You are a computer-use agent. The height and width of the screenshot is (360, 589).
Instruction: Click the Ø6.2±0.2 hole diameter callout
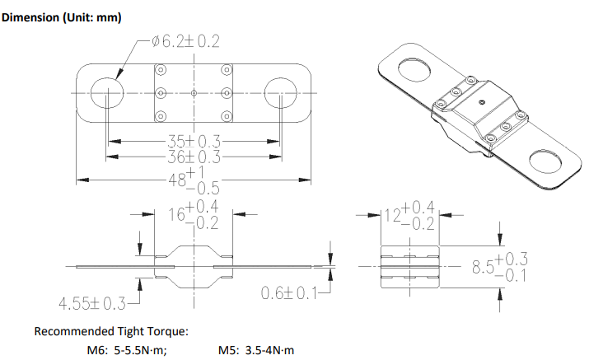point(185,41)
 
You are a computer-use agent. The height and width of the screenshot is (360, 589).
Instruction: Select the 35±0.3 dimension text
point(194,142)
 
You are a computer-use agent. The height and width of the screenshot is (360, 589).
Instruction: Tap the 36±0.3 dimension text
point(194,157)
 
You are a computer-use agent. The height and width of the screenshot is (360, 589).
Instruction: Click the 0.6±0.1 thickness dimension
point(289,293)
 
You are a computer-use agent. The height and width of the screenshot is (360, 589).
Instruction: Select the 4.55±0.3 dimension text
point(92,303)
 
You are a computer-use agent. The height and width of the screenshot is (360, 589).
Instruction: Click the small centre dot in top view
point(194,93)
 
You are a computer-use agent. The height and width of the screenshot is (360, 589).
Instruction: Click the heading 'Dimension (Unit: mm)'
point(62,17)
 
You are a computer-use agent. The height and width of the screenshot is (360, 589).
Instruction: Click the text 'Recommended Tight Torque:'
point(111,331)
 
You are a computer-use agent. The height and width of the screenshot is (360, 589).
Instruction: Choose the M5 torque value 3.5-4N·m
point(269,351)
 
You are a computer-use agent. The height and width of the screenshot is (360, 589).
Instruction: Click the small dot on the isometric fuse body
point(481,101)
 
